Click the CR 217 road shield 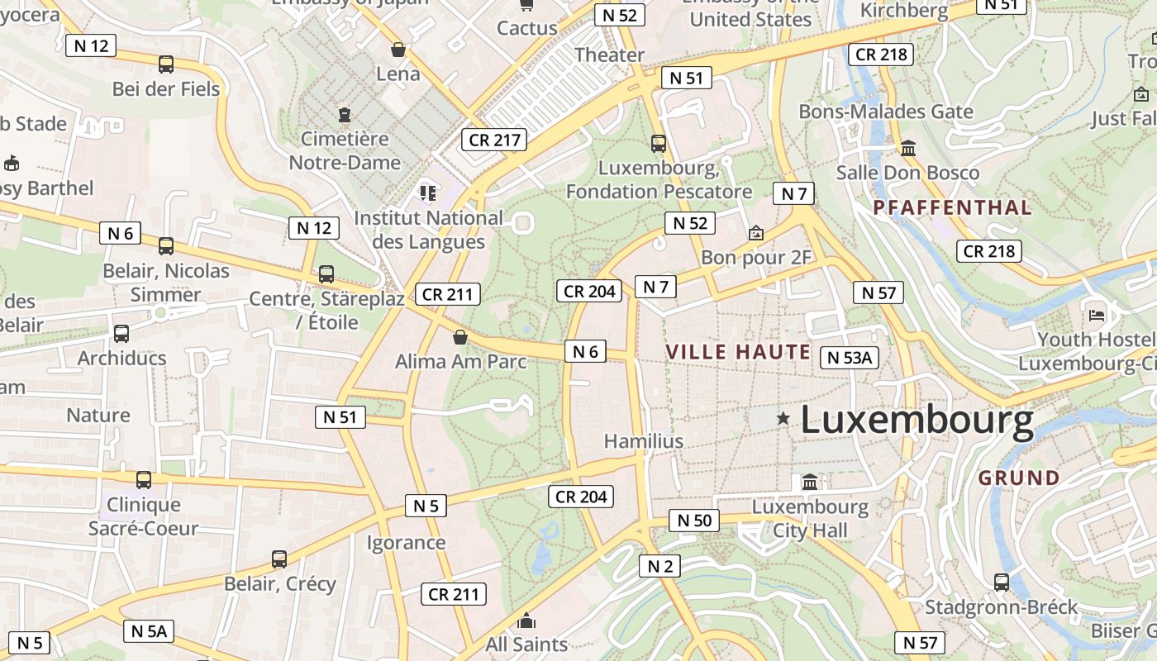click(x=495, y=140)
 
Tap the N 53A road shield click(x=850, y=357)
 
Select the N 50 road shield click(x=693, y=520)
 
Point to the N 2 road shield click(x=659, y=566)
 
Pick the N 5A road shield click(x=149, y=631)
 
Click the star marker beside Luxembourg click(x=783, y=419)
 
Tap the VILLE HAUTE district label click(x=738, y=352)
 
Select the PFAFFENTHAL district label click(x=952, y=207)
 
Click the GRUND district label click(x=1019, y=478)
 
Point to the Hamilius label click(x=644, y=441)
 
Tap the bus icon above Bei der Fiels click(x=166, y=64)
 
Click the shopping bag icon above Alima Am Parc click(x=460, y=337)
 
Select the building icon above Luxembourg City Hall click(x=810, y=482)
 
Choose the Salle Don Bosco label click(x=907, y=173)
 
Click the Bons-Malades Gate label click(x=886, y=112)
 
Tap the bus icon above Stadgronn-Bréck click(x=1002, y=583)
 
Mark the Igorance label click(x=406, y=543)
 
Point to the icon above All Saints click(x=526, y=621)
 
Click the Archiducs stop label click(x=121, y=358)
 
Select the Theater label click(x=609, y=55)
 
